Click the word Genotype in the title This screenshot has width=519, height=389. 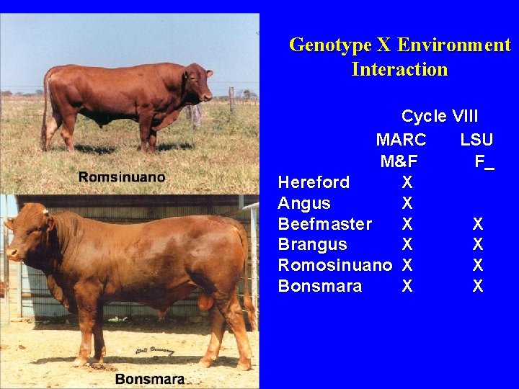pyautogui.click(x=329, y=45)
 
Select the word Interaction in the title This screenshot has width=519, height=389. pyautogui.click(x=399, y=70)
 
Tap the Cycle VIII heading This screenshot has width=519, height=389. pyautogui.click(x=439, y=117)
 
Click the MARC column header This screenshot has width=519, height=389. pyautogui.click(x=401, y=139)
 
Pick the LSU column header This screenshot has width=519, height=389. pyautogui.click(x=476, y=139)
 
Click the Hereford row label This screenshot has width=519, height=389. pyautogui.click(x=314, y=182)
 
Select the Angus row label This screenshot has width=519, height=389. pyautogui.click(x=304, y=203)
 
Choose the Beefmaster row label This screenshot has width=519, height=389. pyautogui.click(x=324, y=224)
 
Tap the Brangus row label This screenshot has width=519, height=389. pyautogui.click(x=312, y=245)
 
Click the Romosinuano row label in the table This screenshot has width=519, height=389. pyautogui.click(x=334, y=266)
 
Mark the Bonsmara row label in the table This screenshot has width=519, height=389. pyautogui.click(x=319, y=287)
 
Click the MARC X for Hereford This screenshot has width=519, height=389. pyautogui.click(x=407, y=182)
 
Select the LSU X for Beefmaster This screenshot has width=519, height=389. pyautogui.click(x=477, y=224)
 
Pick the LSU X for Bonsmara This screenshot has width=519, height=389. pyautogui.click(x=477, y=287)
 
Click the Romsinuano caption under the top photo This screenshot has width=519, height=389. pyautogui.click(x=122, y=177)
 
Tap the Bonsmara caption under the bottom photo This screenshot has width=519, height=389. pyautogui.click(x=149, y=379)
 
